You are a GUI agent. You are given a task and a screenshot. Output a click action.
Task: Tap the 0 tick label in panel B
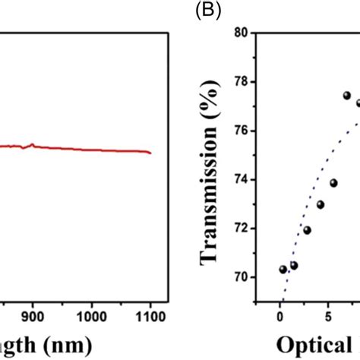[x=280, y=314]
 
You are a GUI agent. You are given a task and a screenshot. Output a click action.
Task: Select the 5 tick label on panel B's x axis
[x=327, y=314]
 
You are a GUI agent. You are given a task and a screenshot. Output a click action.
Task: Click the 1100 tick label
[x=150, y=314]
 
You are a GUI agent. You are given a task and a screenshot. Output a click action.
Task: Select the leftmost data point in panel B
[x=283, y=269]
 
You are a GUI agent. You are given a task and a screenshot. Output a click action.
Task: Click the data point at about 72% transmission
[x=307, y=230]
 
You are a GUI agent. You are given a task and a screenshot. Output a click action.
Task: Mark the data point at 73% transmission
[x=321, y=204]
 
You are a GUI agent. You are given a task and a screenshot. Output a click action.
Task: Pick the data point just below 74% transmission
[x=333, y=183]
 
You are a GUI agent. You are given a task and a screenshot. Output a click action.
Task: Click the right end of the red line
[x=150, y=153]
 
